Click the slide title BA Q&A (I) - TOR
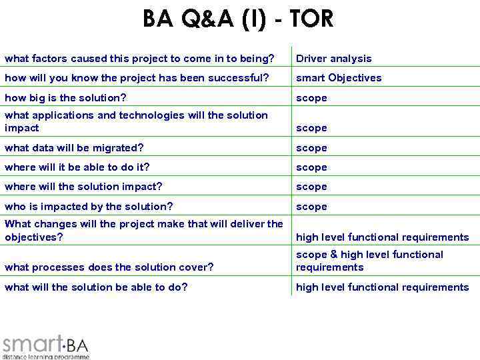pyautogui.click(x=238, y=19)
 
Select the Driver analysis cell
pyautogui.click(x=333, y=59)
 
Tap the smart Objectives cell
pyautogui.click(x=339, y=78)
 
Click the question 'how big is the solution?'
pyautogui.click(x=65, y=98)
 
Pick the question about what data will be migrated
pyautogui.click(x=73, y=148)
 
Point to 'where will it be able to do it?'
pyautogui.click(x=77, y=167)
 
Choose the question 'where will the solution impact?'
pyautogui.click(x=83, y=187)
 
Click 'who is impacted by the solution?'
pyautogui.click(x=89, y=207)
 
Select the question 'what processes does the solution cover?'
pyautogui.click(x=109, y=267)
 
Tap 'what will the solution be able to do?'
pyautogui.click(x=96, y=287)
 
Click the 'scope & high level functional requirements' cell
pyautogui.click(x=369, y=261)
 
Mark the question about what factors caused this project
pyautogui.click(x=139, y=59)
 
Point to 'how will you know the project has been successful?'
pyautogui.click(x=137, y=78)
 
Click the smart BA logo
pyautogui.click(x=45, y=345)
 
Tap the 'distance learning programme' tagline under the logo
pyautogui.click(x=45, y=357)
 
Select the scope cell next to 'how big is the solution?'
pyautogui.click(x=311, y=98)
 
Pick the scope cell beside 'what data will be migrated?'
pyautogui.click(x=311, y=148)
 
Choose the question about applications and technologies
pyautogui.click(x=136, y=121)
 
